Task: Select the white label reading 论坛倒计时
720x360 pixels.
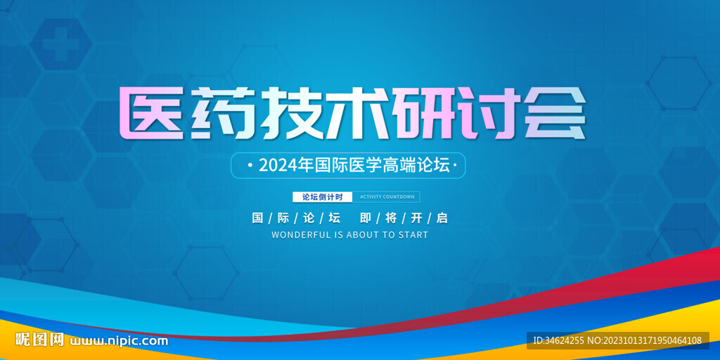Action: click(322, 197)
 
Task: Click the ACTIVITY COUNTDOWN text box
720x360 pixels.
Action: click(386, 197)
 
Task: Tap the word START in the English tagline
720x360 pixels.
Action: click(412, 235)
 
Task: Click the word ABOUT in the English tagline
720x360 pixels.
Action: click(361, 235)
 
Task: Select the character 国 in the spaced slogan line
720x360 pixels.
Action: click(257, 218)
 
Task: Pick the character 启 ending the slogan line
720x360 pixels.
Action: click(442, 218)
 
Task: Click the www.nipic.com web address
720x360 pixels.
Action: click(118, 341)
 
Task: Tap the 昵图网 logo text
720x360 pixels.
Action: click(39, 340)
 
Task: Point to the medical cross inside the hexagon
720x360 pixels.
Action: click(61, 44)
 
